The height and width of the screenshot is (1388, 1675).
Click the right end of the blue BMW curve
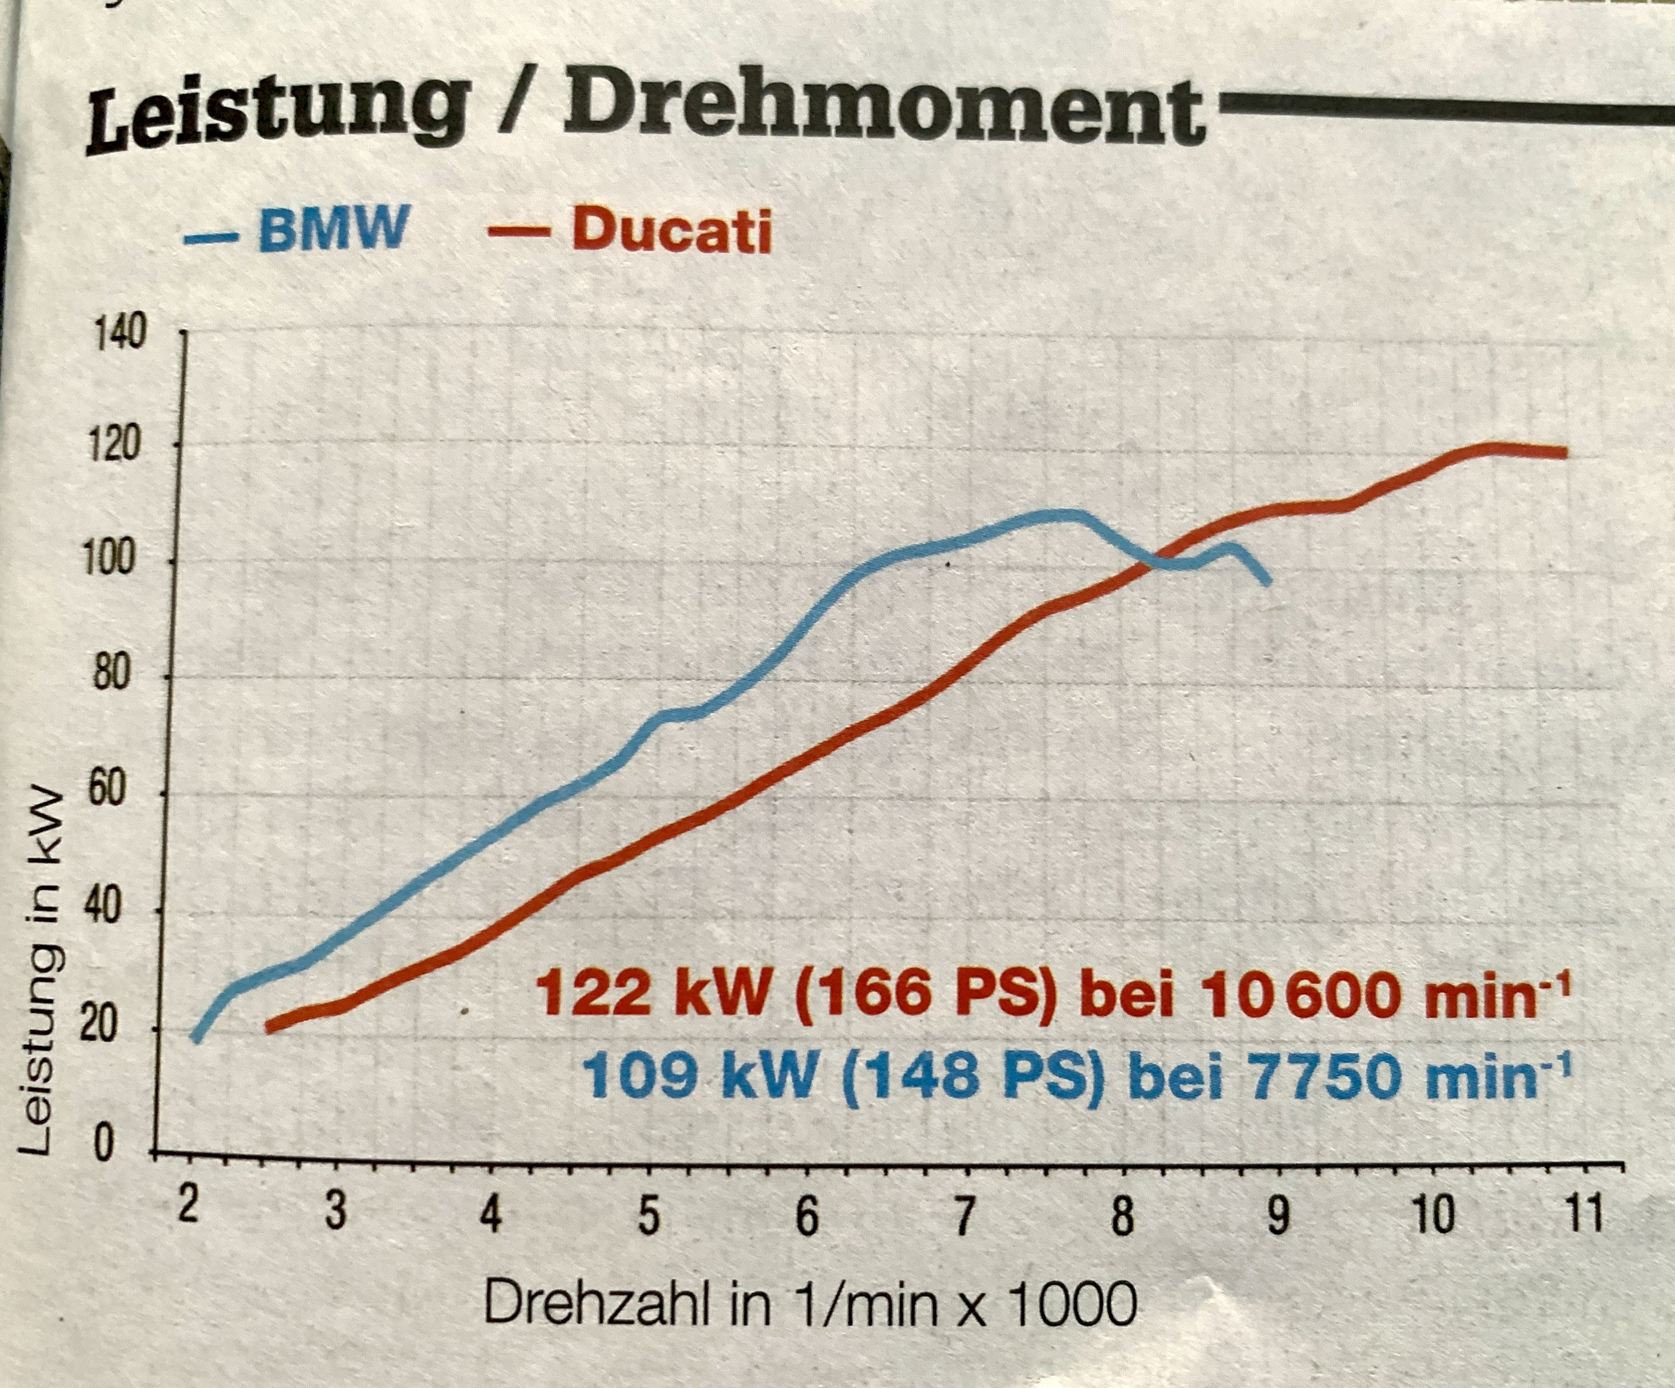[x=1267, y=583]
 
